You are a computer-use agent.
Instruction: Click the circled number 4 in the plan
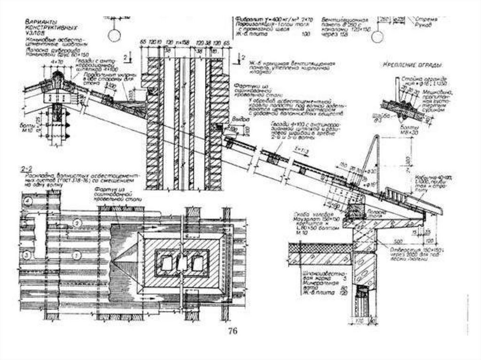29,202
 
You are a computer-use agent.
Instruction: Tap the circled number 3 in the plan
28,255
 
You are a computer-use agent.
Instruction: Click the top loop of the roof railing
376,138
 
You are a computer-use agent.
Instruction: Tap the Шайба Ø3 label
376,115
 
